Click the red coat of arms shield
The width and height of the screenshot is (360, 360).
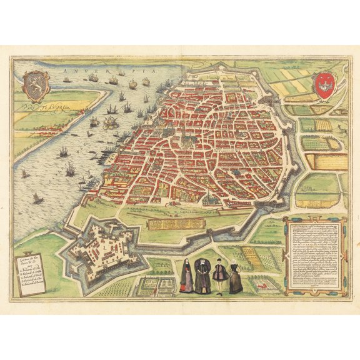(x=322, y=84)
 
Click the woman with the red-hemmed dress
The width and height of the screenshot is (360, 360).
(x=187, y=279)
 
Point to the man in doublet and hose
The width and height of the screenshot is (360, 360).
(x=219, y=275)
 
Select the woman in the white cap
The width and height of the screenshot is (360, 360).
(x=235, y=277)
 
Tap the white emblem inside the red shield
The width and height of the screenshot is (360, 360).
(x=322, y=83)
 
